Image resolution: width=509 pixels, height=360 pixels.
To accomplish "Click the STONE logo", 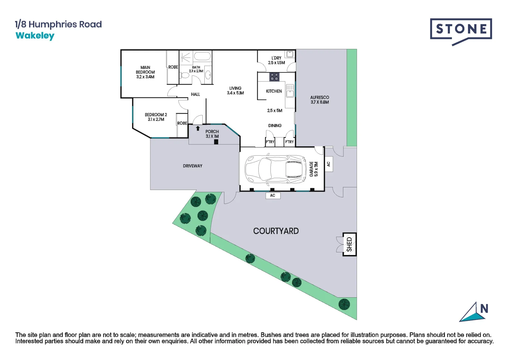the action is pyautogui.click(x=461, y=32).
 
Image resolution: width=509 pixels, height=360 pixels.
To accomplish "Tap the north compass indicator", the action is pyautogui.click(x=474, y=312).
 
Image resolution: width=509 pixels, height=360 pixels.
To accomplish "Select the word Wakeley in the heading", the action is pyautogui.click(x=35, y=36).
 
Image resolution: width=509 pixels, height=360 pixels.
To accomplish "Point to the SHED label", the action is pyautogui.click(x=349, y=244).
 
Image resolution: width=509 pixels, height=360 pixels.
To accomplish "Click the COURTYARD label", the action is pyautogui.click(x=276, y=231).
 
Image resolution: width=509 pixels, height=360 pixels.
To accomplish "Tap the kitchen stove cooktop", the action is pyautogui.click(x=274, y=77).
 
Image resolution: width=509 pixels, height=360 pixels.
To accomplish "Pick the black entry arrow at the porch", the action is pyautogui.click(x=198, y=128).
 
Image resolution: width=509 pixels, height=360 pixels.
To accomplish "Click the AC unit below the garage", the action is pyautogui.click(x=273, y=195).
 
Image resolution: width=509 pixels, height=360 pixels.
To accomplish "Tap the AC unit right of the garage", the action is pyautogui.click(x=329, y=164).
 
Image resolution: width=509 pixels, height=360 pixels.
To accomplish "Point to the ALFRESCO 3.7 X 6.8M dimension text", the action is pyautogui.click(x=320, y=100).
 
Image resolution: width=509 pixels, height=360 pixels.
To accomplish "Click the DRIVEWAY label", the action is pyautogui.click(x=192, y=166).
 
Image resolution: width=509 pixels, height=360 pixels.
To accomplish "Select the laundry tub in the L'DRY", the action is pyautogui.click(x=290, y=54).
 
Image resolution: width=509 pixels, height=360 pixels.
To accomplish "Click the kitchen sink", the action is pyautogui.click(x=290, y=91).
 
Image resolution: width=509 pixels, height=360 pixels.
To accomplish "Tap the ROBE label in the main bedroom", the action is pyautogui.click(x=173, y=67).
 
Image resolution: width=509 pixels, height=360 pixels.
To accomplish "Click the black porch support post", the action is pyautogui.click(x=216, y=142).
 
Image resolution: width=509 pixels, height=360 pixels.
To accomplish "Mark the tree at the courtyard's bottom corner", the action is pyautogui.click(x=344, y=304).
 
